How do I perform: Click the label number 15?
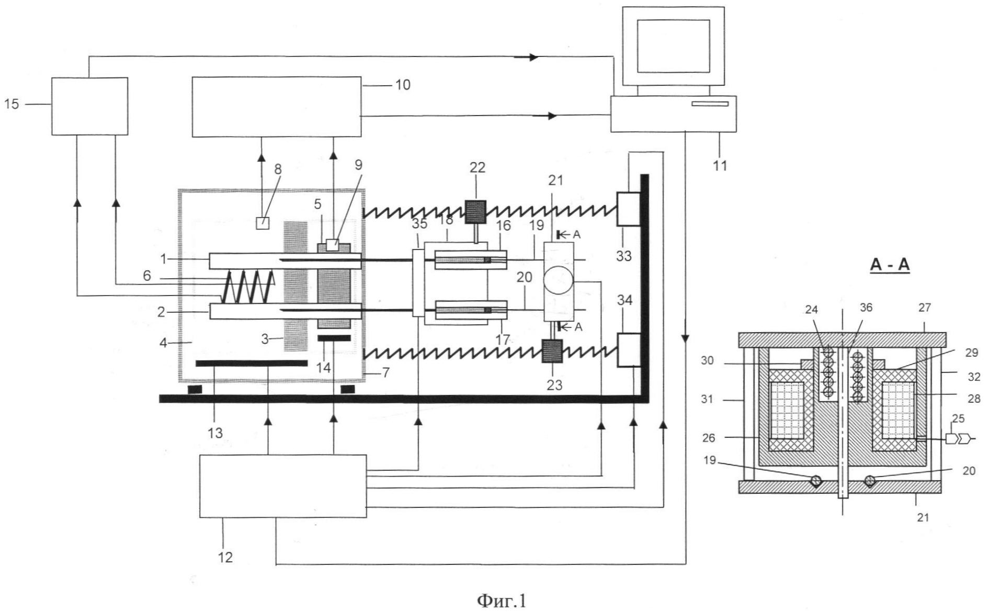point(12,104)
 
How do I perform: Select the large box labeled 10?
point(276,107)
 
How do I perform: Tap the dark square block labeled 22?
point(475,212)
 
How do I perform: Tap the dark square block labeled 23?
point(552,351)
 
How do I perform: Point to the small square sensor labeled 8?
point(263,223)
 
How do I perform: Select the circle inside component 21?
point(559,281)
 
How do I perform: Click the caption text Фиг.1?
point(501,600)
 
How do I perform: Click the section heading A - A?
point(890,265)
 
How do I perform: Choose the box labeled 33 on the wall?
point(629,209)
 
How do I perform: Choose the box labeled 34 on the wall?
point(629,350)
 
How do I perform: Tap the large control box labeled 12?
point(283,486)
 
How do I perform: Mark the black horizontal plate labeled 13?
point(251,363)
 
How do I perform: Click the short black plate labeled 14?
point(334,338)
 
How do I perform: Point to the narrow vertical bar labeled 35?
point(418,282)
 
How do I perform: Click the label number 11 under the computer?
point(720,166)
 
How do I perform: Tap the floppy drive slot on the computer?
point(710,104)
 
